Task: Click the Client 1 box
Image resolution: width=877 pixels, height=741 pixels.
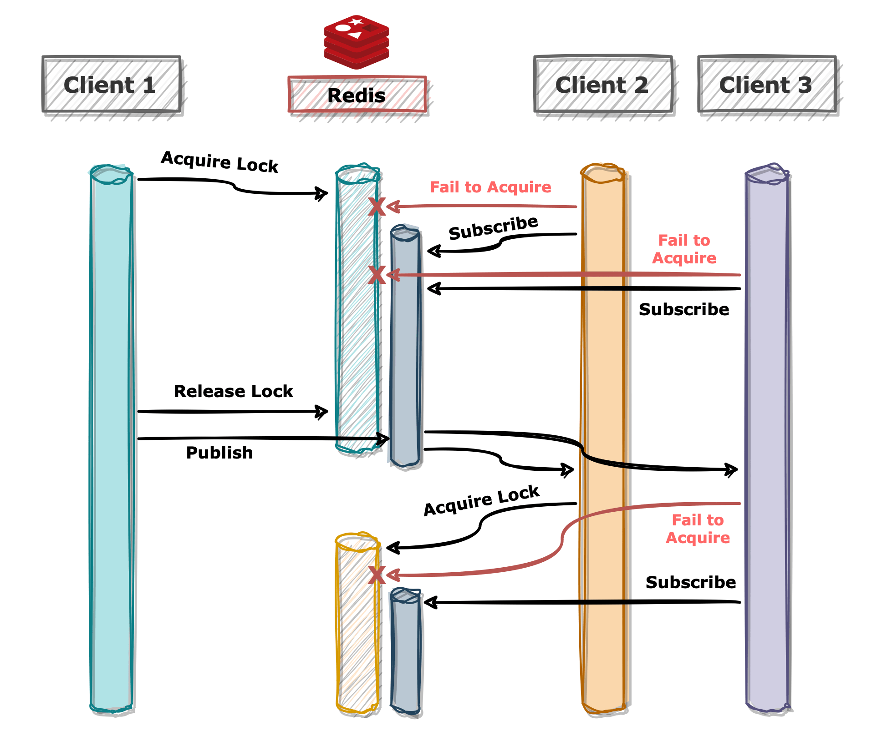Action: pos(111,85)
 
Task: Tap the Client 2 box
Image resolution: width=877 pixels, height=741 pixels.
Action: pos(602,85)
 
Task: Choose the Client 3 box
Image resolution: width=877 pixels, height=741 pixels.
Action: pos(766,85)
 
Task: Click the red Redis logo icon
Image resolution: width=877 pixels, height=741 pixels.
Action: pos(357,42)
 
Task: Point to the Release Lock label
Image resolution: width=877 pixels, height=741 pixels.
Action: pos(233,391)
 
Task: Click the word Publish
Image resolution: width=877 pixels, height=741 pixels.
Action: pos(219,453)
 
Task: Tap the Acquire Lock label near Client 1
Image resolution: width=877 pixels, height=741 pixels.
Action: pos(219,162)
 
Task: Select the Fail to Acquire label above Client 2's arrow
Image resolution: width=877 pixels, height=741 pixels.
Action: pos(490,187)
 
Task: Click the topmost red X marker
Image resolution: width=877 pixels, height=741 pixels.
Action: pos(377,207)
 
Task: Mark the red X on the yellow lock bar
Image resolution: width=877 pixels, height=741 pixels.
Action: pos(377,575)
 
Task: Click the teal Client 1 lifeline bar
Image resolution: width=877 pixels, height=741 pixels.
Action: pos(112,437)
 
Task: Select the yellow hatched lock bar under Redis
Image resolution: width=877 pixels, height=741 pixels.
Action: pos(357,637)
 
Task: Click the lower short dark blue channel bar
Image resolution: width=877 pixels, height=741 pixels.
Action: pos(406,655)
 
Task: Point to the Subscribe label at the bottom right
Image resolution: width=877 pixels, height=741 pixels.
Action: pos(690,582)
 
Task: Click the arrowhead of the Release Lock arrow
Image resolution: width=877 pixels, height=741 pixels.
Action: pos(322,412)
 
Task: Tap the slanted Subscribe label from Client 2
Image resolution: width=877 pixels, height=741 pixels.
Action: pos(493,227)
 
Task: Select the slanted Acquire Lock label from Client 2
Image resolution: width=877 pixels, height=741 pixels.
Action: pos(481,500)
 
